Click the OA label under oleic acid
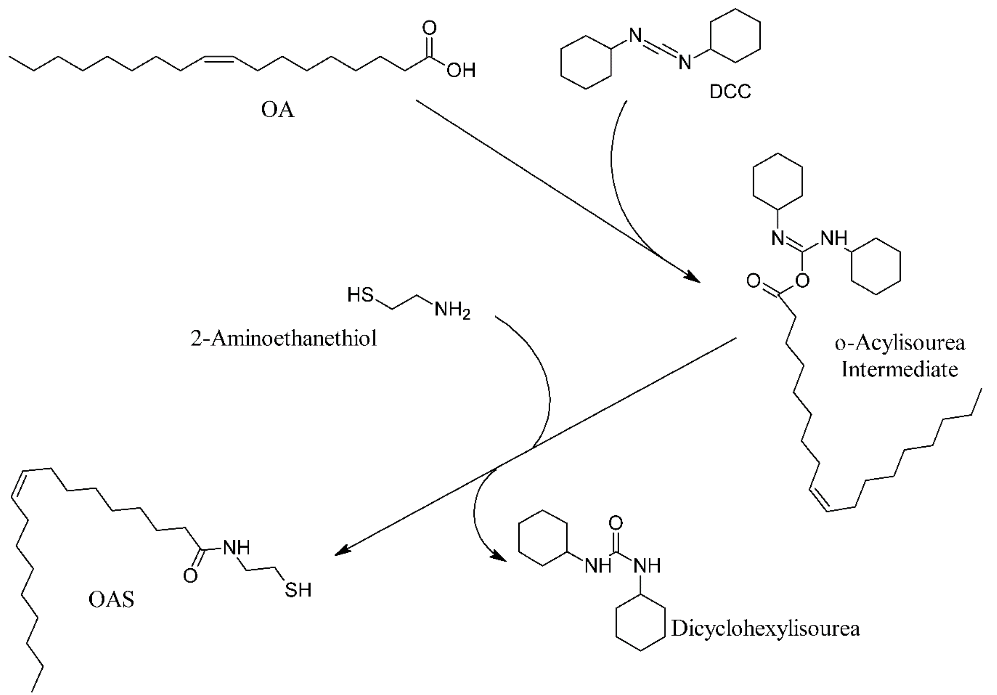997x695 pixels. (x=277, y=110)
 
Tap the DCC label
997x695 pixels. (x=730, y=91)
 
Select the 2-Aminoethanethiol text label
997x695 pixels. (x=284, y=338)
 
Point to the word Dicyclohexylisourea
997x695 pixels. (x=765, y=629)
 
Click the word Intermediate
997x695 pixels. (x=900, y=370)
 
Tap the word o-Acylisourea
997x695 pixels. (x=900, y=343)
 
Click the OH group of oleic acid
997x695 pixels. (x=461, y=70)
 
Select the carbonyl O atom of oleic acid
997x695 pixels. (x=429, y=28)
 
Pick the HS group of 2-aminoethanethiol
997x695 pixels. (x=361, y=295)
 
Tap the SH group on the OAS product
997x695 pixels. (x=298, y=590)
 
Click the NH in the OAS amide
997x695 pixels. (x=236, y=548)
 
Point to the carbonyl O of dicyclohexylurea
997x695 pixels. (x=615, y=523)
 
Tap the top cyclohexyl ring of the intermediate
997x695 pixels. (x=777, y=182)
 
